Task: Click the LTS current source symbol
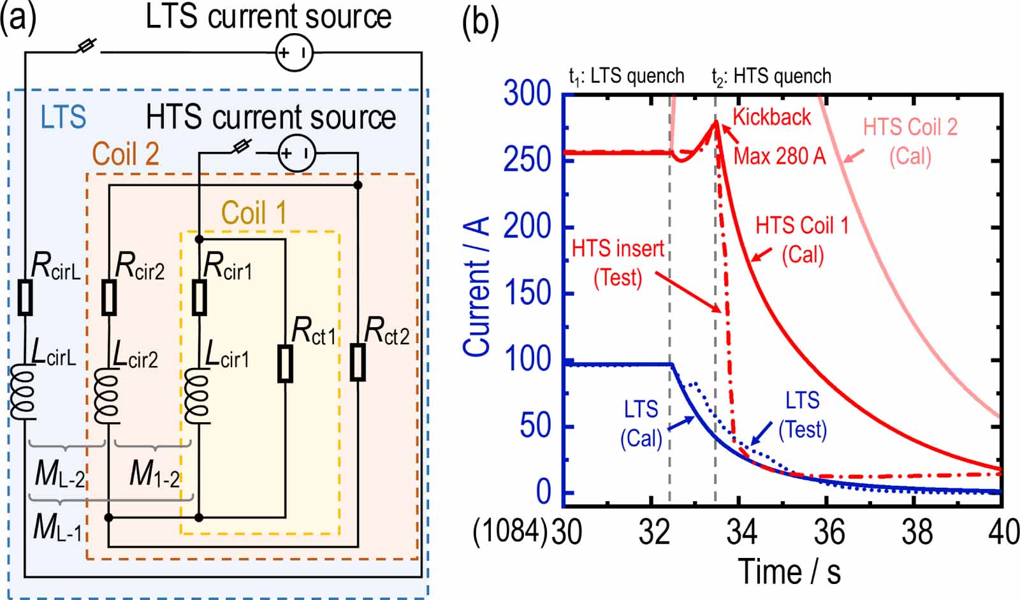click(295, 52)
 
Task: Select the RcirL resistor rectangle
click(25, 297)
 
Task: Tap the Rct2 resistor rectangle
click(358, 363)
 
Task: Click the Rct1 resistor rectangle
click(285, 364)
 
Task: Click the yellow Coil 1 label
click(254, 213)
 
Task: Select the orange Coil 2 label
click(126, 154)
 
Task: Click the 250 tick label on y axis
click(527, 159)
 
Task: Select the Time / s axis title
click(789, 571)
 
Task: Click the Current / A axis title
click(477, 287)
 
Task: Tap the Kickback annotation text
click(771, 117)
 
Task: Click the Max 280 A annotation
click(779, 156)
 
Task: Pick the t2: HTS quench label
click(771, 77)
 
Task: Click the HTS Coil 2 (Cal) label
click(910, 141)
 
